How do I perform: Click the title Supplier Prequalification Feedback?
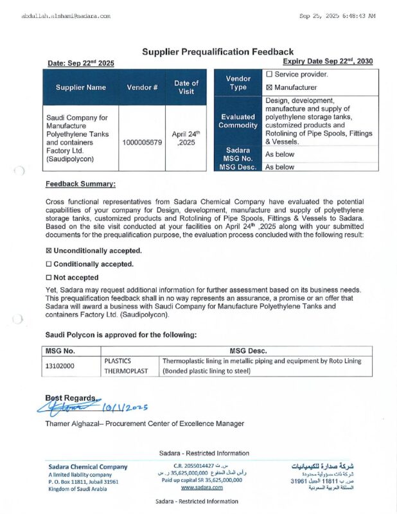217,51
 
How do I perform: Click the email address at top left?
66,15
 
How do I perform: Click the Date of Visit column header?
186,87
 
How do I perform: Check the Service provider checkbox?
269,75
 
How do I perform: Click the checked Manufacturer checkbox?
269,87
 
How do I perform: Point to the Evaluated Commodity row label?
238,121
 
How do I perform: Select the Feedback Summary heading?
80,184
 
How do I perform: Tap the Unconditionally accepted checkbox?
49,251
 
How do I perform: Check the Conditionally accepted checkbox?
49,264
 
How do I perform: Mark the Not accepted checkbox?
49,278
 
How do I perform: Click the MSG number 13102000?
60,366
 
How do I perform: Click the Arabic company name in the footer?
322,466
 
